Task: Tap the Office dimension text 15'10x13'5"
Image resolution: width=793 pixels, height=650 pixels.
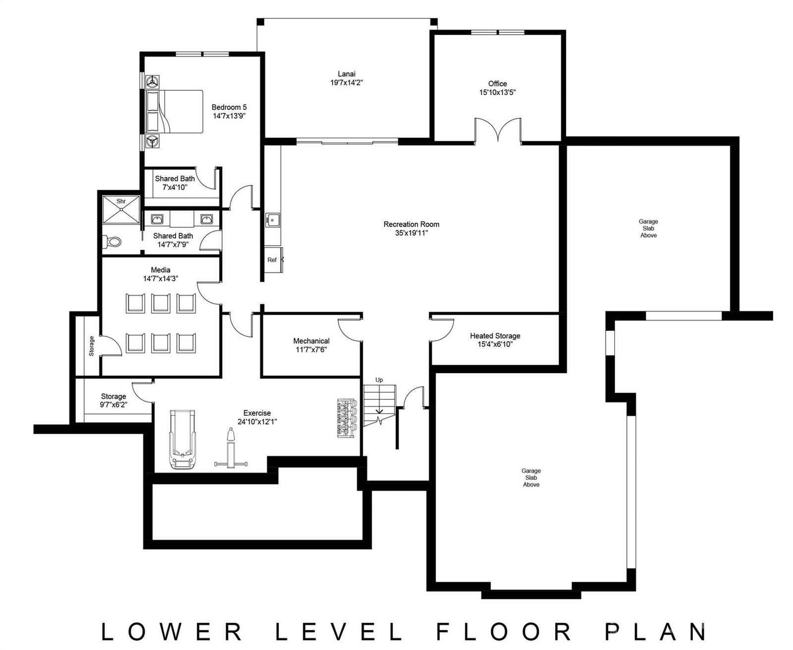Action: (x=497, y=92)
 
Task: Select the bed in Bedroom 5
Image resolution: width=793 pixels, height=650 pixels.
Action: (x=175, y=112)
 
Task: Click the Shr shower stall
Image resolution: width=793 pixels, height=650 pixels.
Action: (x=121, y=210)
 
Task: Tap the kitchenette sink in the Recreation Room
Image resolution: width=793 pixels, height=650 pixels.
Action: (x=273, y=219)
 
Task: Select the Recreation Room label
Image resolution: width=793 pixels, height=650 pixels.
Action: (x=411, y=224)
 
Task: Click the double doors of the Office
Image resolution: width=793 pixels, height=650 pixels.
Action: (x=498, y=130)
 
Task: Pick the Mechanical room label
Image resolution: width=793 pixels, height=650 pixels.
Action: (x=311, y=341)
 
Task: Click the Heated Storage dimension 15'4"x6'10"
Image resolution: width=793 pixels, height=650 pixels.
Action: (x=495, y=344)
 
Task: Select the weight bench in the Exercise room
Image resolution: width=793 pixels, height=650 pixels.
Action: (x=230, y=450)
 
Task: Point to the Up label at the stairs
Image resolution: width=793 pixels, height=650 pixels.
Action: (x=379, y=380)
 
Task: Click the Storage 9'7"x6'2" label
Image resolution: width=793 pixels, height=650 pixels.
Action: (x=113, y=396)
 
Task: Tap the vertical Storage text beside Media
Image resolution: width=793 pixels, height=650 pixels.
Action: (x=91, y=346)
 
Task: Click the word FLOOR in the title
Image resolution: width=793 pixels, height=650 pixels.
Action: (x=506, y=632)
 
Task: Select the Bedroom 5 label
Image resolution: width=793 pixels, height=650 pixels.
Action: (x=229, y=107)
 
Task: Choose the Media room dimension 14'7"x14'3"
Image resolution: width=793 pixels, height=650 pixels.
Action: (x=161, y=279)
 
